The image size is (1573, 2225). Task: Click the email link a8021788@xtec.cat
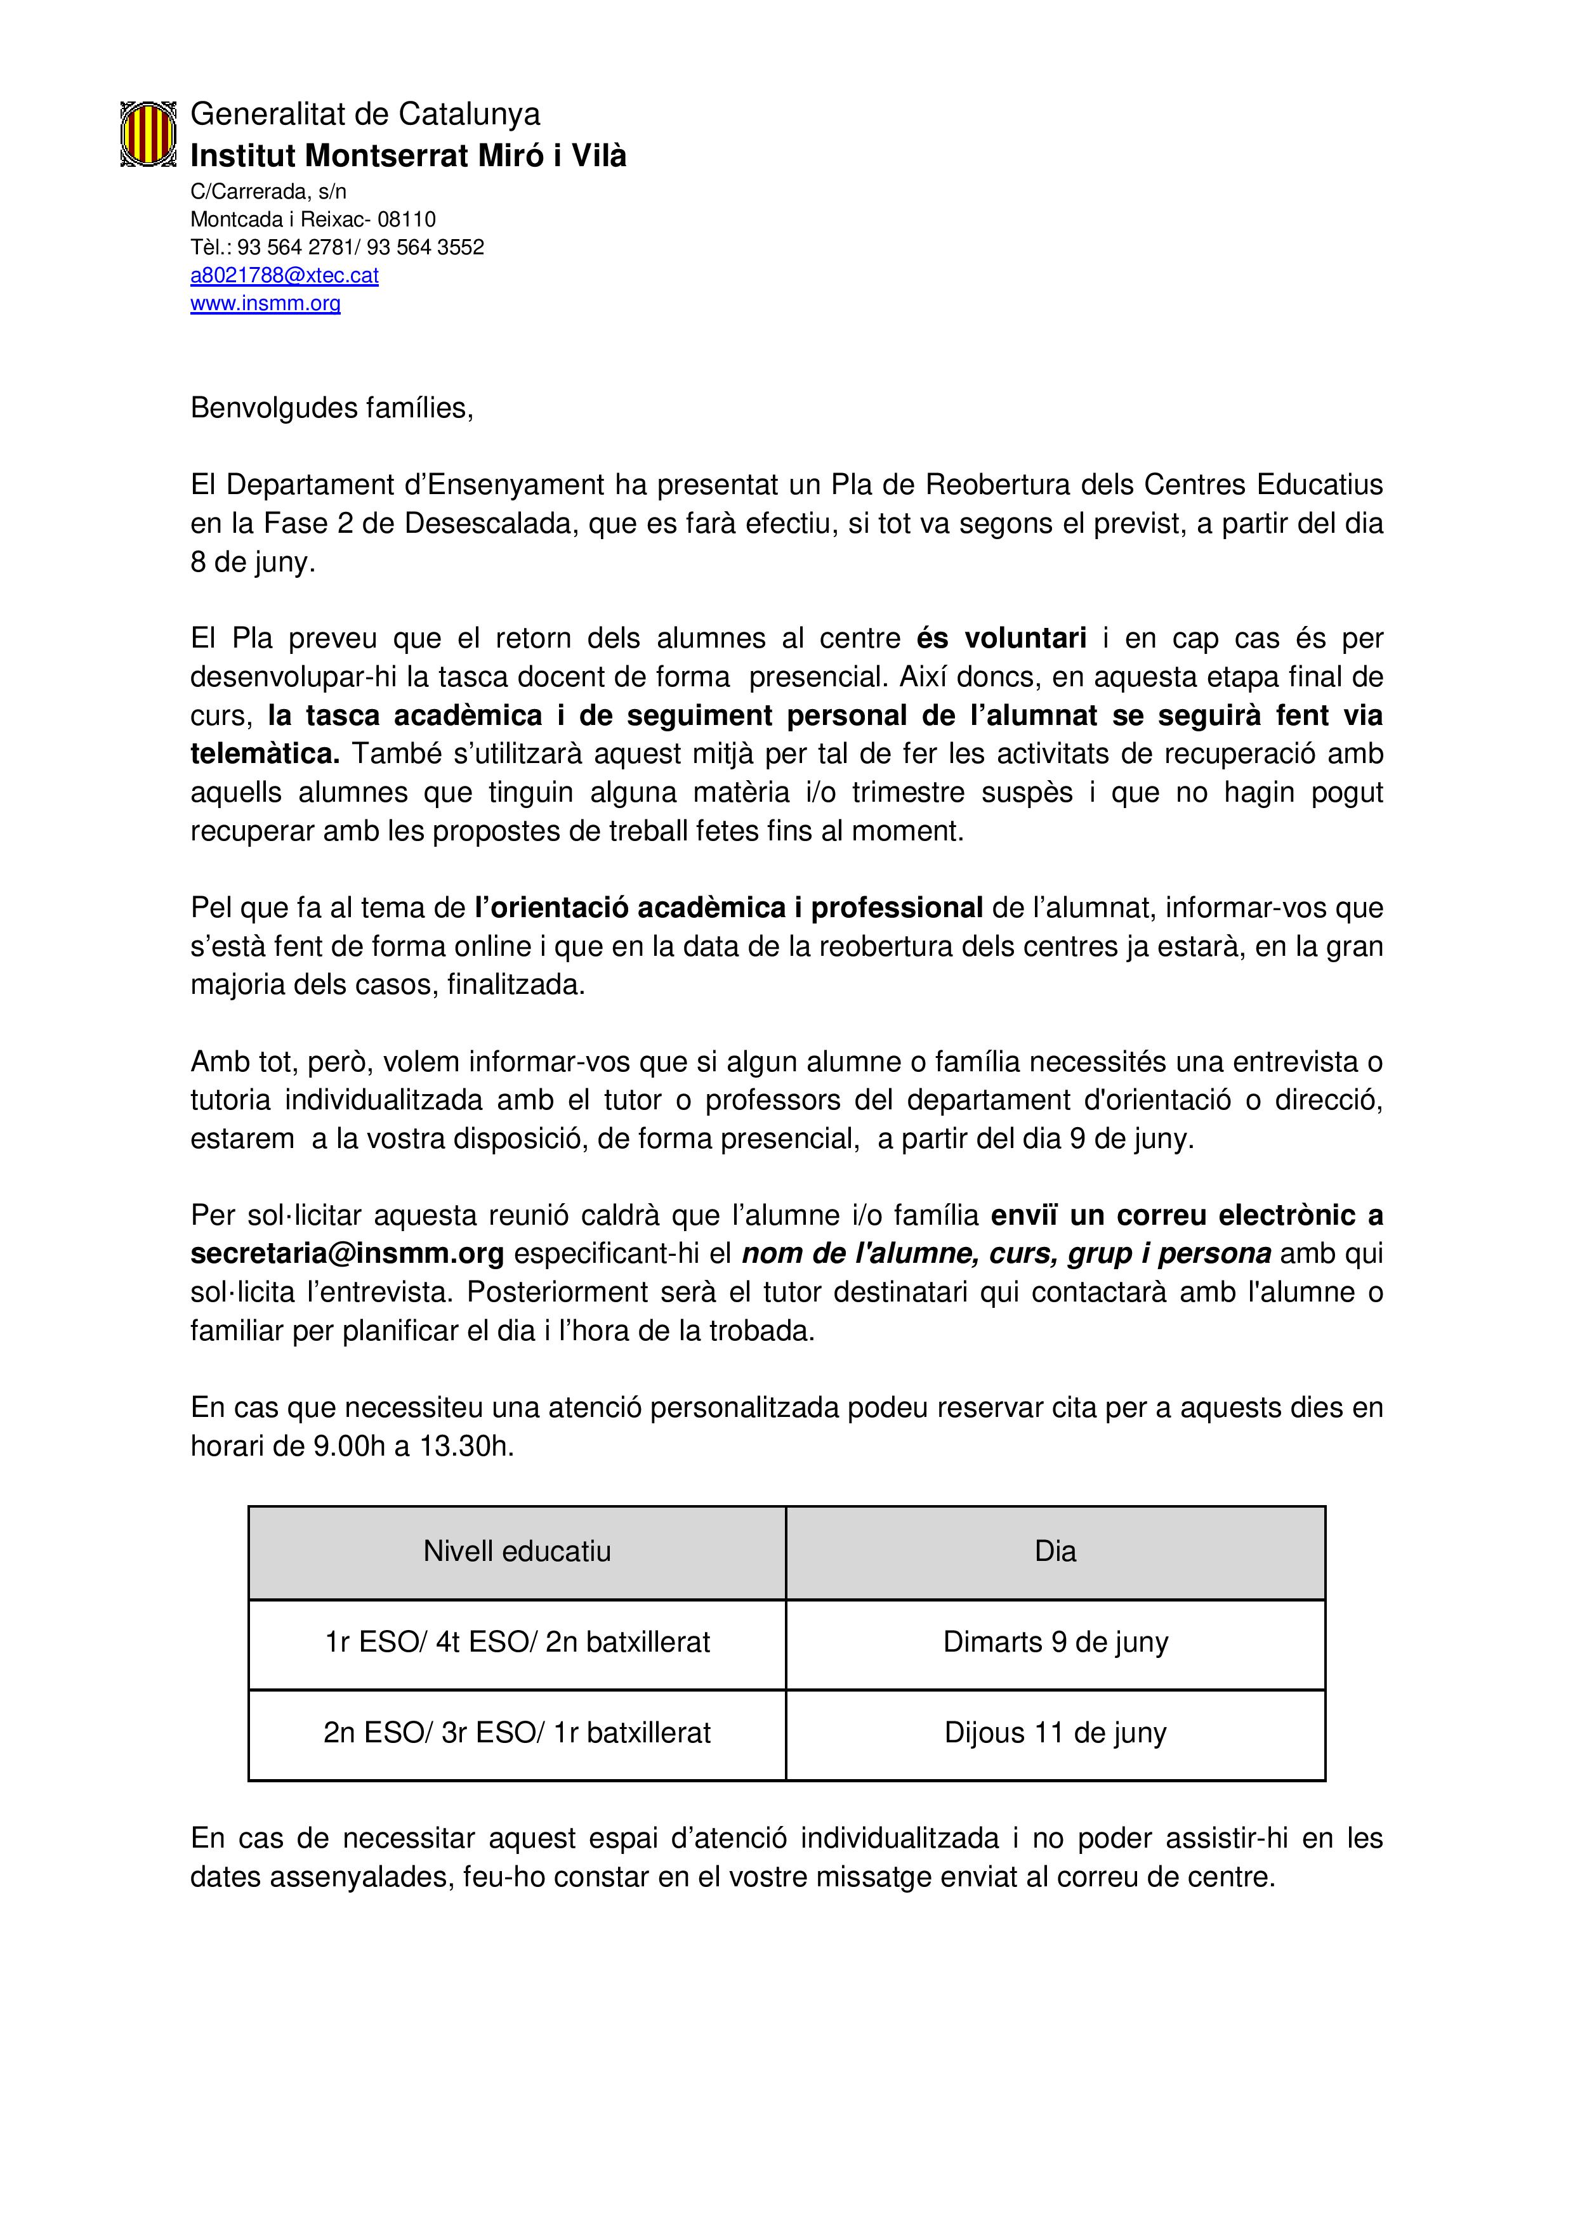point(284,275)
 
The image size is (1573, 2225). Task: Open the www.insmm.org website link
point(265,303)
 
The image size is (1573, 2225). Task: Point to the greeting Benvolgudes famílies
point(331,408)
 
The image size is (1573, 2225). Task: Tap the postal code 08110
point(407,219)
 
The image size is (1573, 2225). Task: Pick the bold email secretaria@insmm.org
point(347,1253)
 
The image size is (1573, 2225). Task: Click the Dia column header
point(1055,1551)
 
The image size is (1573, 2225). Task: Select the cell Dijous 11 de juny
point(1055,1733)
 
